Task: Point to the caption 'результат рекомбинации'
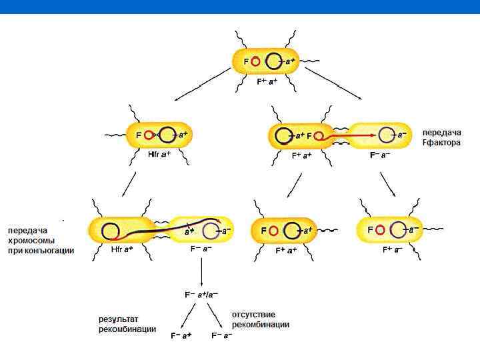tap(127, 324)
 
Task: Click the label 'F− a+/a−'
tap(201, 294)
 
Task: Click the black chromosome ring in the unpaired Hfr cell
tap(168, 135)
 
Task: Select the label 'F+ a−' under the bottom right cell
tap(393, 250)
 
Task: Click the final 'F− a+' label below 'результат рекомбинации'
tap(181, 335)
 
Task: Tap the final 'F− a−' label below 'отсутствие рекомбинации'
tap(222, 335)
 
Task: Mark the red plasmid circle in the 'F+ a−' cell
tap(380, 229)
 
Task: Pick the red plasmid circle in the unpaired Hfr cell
tap(149, 135)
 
